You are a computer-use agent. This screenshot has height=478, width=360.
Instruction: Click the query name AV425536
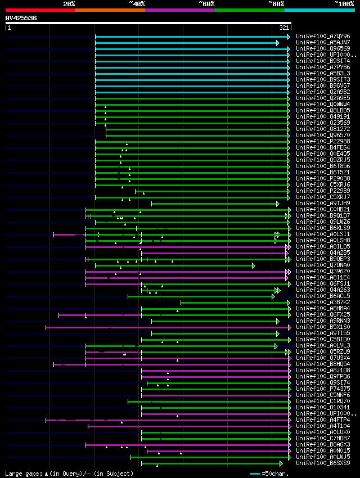point(21,18)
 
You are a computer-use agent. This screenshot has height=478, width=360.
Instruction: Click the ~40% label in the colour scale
point(137,4)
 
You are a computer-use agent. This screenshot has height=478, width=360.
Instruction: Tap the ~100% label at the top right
point(344,4)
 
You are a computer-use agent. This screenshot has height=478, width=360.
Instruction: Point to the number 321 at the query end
point(284,27)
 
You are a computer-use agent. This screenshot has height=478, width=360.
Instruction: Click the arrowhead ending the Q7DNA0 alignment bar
point(253,265)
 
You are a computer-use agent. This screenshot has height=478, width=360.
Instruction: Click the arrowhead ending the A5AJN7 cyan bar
point(277,43)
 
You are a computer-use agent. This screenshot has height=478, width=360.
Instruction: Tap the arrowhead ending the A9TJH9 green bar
point(277,204)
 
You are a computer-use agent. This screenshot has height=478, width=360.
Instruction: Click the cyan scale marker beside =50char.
point(255,474)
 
